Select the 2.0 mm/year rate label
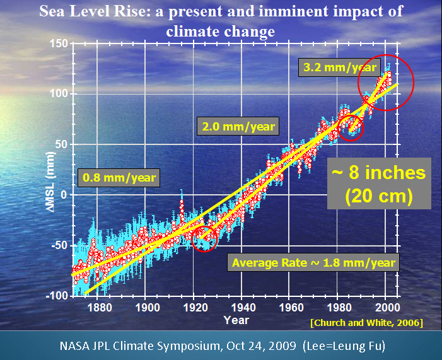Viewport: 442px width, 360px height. pyautogui.click(x=238, y=126)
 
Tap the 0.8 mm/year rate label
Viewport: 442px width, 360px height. pyautogui.click(x=119, y=178)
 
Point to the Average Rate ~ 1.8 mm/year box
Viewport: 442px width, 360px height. pyautogui.click(x=313, y=262)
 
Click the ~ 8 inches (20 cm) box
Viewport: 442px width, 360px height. pyautogui.click(x=378, y=183)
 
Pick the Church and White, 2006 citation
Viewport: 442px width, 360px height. pyautogui.click(x=366, y=322)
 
